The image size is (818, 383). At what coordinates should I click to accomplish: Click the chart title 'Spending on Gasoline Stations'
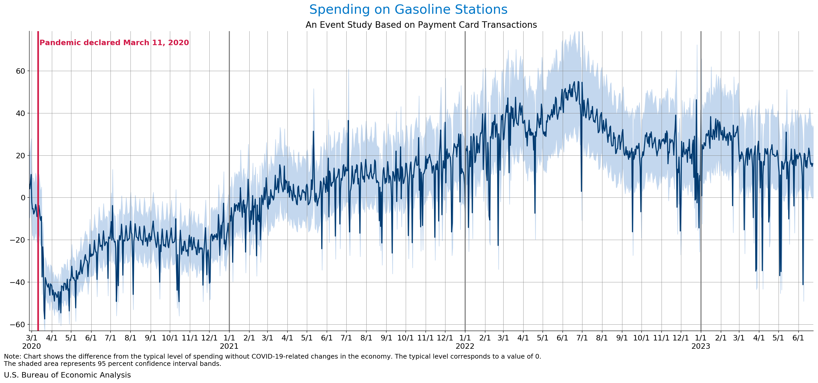pos(408,10)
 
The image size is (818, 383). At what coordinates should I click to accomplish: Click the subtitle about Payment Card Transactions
pos(421,25)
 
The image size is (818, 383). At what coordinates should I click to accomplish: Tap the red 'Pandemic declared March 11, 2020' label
pos(114,43)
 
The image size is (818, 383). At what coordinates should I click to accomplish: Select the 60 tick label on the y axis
pos(20,71)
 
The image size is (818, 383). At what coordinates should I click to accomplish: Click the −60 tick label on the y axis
pos(17,324)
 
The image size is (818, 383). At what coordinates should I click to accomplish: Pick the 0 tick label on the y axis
pos(23,197)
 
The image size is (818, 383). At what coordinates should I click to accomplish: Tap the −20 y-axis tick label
pos(17,240)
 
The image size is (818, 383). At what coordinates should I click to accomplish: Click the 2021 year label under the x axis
pos(229,346)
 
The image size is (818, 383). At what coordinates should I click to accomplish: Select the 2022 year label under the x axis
pos(465,346)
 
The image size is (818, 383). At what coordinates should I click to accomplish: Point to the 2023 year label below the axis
pos(700,346)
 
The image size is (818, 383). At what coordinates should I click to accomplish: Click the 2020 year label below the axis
pos(31,346)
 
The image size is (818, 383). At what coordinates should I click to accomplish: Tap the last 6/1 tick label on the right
pos(798,338)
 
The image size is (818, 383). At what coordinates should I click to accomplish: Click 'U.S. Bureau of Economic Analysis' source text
pos(67,375)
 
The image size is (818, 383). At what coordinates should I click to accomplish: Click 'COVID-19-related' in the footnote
pos(282,356)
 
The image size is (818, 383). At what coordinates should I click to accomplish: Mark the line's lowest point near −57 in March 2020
pos(44,319)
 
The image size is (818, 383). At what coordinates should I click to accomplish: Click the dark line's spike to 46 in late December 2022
pos(696,100)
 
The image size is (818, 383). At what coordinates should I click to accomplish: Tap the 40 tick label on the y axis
pos(20,113)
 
